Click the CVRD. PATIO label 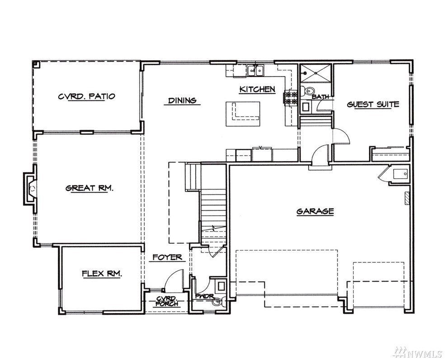click(87, 96)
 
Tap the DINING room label click(182, 100)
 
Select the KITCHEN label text click(258, 89)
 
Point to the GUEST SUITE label click(373, 104)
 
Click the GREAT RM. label click(89, 188)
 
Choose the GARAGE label click(315, 212)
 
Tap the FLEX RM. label click(102, 274)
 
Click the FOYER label click(167, 257)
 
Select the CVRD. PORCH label click(168, 301)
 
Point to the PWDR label click(204, 296)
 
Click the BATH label click(320, 97)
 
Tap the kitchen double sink click(256, 70)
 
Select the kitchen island click(243, 114)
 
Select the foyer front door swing click(173, 280)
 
